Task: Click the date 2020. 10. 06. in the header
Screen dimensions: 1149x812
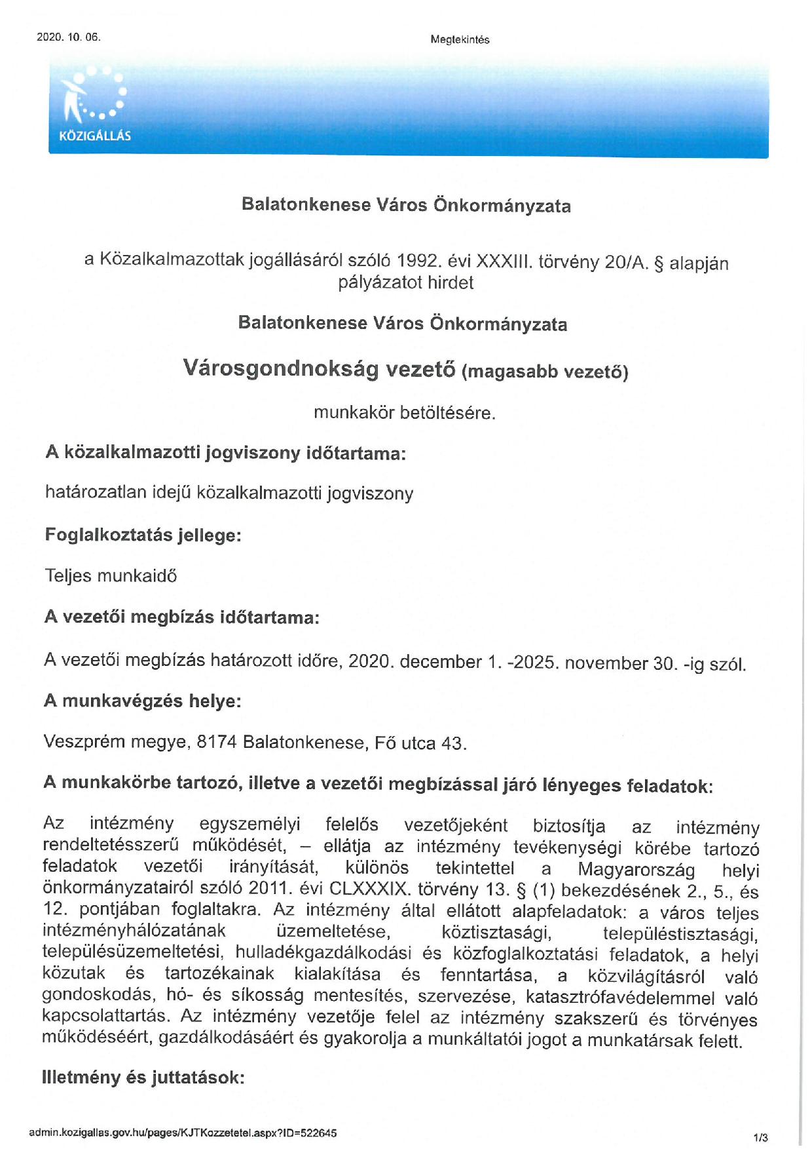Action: [69, 37]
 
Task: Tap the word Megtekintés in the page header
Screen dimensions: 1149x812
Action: [460, 39]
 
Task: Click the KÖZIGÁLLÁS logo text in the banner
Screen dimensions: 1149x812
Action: [95, 136]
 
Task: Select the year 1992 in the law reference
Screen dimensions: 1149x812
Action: [416, 261]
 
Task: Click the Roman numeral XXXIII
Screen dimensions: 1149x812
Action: [504, 262]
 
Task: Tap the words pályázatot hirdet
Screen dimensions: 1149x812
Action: [405, 282]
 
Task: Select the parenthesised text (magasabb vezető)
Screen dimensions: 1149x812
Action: [545, 372]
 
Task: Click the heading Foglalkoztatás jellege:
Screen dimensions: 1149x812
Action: [143, 535]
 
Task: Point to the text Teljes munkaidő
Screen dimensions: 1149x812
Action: [111, 575]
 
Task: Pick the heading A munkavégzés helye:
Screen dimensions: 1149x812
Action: [142, 701]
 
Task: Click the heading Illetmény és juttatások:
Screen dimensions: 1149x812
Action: [143, 1078]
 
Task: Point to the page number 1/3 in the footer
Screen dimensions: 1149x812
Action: [760, 1137]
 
